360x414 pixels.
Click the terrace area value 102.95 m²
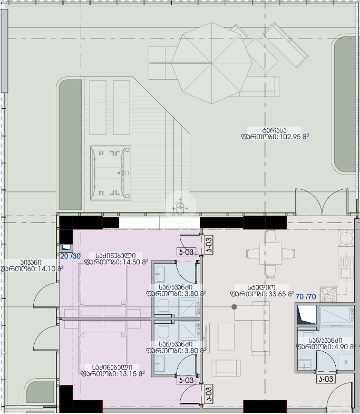pos(275,137)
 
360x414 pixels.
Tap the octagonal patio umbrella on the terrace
pos(212,63)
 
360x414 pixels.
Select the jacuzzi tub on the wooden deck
pos(111,173)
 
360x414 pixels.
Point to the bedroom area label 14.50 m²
pos(116,262)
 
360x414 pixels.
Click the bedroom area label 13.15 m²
pos(113,373)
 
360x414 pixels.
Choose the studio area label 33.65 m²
pos(262,294)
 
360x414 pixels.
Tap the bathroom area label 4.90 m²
pos(326,346)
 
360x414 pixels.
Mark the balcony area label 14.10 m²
pos(32,269)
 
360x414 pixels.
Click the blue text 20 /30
pos(70,256)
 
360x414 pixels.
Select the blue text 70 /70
pos(306,297)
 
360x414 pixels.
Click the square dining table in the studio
pos(270,254)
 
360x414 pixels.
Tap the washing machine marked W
pos(346,362)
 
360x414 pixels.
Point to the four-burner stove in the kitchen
pos(328,294)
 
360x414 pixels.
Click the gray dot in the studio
pos(234,307)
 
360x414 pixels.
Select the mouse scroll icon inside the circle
pos(180,207)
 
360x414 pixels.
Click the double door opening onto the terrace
pos(322,201)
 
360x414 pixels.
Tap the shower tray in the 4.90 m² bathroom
pos(336,316)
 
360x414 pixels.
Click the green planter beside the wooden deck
pos(70,145)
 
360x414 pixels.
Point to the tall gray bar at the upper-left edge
pos(4,51)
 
